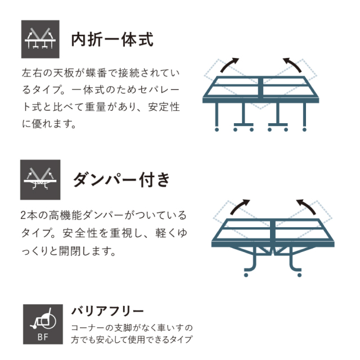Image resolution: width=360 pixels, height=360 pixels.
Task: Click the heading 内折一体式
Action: click(x=112, y=40)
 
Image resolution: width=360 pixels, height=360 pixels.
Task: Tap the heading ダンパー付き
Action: click(x=121, y=179)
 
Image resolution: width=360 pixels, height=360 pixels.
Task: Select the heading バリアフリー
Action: click(x=107, y=311)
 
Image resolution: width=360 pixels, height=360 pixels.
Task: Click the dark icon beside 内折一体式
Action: click(x=40, y=39)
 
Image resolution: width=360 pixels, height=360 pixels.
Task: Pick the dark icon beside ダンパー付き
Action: click(x=40, y=180)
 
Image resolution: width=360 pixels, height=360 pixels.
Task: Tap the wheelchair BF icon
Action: click(x=43, y=324)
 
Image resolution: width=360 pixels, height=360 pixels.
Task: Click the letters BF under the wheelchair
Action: click(x=43, y=337)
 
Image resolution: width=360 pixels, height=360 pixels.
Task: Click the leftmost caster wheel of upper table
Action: click(x=217, y=130)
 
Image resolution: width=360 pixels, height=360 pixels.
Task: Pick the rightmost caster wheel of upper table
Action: click(x=304, y=130)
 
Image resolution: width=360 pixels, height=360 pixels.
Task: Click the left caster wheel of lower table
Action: click(x=246, y=275)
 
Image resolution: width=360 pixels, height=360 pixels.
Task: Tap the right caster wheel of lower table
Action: click(x=299, y=275)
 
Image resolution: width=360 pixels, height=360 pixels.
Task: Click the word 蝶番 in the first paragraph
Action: click(x=96, y=73)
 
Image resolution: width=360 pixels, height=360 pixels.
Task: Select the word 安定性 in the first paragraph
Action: click(x=164, y=107)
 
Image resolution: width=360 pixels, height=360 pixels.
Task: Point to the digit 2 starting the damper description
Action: click(x=23, y=215)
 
